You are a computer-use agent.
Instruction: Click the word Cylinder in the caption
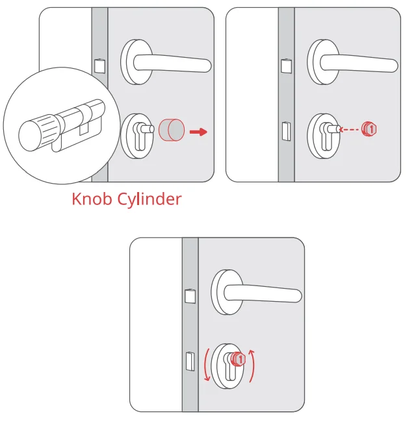(149, 199)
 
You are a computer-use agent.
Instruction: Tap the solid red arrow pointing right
(198, 132)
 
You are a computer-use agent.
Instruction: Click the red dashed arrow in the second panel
(351, 129)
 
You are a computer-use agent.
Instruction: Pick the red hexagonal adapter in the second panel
(370, 128)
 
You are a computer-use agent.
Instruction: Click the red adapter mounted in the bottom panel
(239, 358)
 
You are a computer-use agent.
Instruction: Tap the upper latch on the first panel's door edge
(99, 66)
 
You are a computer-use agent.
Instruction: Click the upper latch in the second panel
(285, 66)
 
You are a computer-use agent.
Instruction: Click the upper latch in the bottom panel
(190, 297)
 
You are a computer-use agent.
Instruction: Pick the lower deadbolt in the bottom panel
(190, 360)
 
